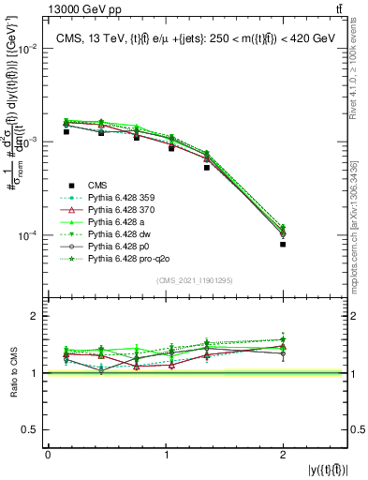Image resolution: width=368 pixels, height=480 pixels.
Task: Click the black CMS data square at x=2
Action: pyautogui.click(x=283, y=244)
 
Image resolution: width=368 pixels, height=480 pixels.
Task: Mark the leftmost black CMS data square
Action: pyautogui.click(x=66, y=131)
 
